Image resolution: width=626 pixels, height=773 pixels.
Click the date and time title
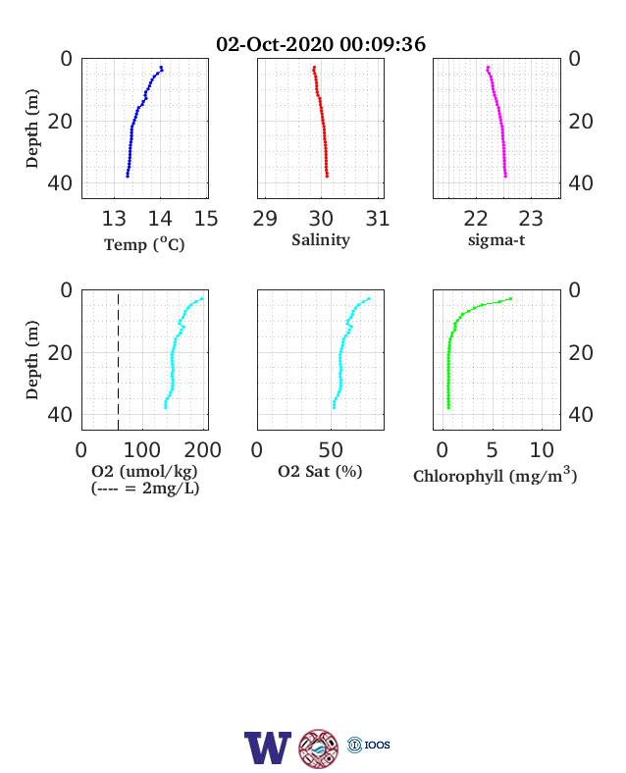(321, 44)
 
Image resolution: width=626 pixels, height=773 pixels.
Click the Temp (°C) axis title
(144, 244)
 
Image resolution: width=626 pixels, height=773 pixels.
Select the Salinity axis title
(321, 240)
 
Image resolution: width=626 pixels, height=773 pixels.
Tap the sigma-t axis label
(496, 240)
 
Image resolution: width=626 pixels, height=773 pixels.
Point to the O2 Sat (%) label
(321, 472)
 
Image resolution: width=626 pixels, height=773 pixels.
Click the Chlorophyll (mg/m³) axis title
(496, 475)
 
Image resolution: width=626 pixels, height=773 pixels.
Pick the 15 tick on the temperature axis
(206, 219)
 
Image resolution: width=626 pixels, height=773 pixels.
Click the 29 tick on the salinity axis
(265, 219)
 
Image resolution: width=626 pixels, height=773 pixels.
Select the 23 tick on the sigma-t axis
(531, 219)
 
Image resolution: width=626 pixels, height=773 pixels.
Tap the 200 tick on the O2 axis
(202, 450)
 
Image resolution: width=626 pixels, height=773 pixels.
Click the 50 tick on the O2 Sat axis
(331, 450)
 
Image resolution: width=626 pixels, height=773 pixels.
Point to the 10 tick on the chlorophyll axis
(542, 450)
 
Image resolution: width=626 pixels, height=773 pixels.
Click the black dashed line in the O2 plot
(119, 361)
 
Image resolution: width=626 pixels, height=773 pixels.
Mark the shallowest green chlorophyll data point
(510, 299)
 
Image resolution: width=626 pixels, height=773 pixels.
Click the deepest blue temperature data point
(128, 176)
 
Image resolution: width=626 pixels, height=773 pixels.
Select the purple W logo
(268, 747)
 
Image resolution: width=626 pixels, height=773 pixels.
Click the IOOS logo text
(377, 745)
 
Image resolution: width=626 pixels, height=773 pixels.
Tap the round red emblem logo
(319, 748)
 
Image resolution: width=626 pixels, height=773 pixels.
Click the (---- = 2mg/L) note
(145, 489)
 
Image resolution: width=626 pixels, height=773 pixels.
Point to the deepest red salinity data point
(327, 176)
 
